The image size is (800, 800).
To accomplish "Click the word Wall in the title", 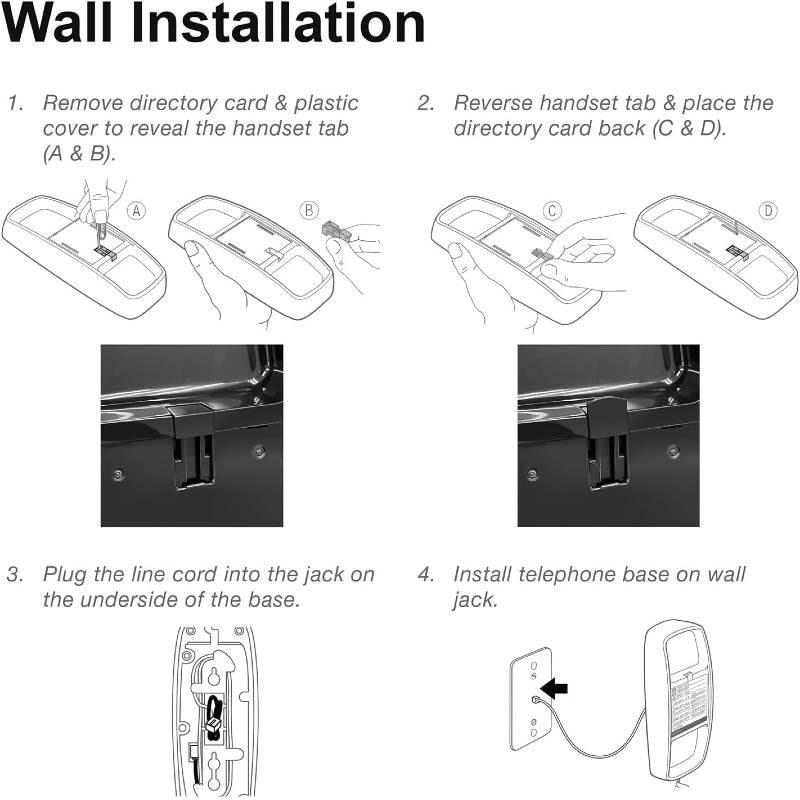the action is [x=57, y=24].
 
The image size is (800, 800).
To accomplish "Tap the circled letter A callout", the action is [x=136, y=211].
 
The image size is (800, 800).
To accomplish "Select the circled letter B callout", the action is [x=309, y=210].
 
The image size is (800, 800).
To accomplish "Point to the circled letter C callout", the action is [x=552, y=211].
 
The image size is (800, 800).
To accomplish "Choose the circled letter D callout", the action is [x=768, y=211].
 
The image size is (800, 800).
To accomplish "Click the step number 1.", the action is [x=15, y=103].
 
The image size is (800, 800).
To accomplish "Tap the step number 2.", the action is [x=426, y=103].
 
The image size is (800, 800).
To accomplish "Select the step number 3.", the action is [x=15, y=574].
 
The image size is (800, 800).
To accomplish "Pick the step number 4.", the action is [x=426, y=574].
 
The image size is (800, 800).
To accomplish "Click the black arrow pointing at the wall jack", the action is [x=554, y=688].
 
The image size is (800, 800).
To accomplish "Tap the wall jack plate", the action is [x=531, y=698].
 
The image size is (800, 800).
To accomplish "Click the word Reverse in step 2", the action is [x=493, y=103].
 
